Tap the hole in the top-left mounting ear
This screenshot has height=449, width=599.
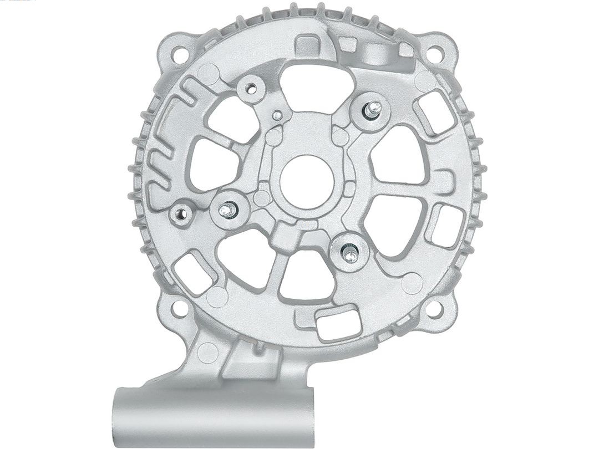[x=179, y=54]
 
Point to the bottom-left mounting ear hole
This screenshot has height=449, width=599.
[x=179, y=308]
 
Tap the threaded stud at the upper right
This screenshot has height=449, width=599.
[x=373, y=110]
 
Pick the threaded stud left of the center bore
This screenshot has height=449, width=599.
[x=228, y=210]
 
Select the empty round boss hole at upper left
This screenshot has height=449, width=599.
[x=251, y=88]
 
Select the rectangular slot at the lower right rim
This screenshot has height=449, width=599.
[x=445, y=225]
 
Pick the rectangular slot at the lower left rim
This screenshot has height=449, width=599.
[x=192, y=272]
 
